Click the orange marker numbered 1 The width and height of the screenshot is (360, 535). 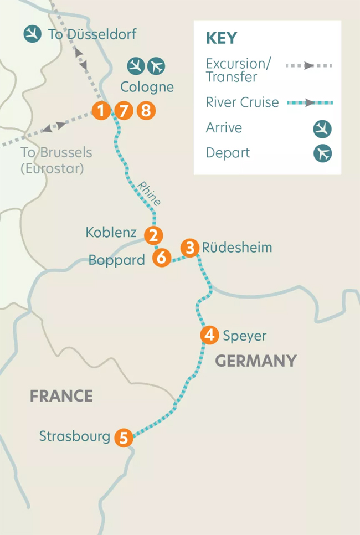point(101,111)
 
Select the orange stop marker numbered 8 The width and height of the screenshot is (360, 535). point(146,111)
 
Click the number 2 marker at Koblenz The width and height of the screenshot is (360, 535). point(153,235)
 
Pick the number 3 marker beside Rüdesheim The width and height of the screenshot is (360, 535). point(190,248)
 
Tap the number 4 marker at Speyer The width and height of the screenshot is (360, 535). point(209,335)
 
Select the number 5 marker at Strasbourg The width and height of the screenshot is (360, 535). point(124,438)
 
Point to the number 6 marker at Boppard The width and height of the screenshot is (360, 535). point(161,258)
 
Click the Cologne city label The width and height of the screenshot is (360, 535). point(147,87)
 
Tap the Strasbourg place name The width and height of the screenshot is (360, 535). point(75,436)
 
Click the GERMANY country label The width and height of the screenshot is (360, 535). point(256,361)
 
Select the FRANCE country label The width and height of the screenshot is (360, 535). point(61,396)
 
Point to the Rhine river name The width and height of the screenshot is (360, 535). point(150,193)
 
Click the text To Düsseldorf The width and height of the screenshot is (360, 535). point(92,34)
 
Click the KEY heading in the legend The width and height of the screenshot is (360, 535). point(221,38)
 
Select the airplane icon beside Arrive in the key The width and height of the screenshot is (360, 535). point(322,130)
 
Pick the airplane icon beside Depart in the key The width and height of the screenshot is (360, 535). point(322,153)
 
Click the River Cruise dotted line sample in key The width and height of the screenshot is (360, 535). point(310,102)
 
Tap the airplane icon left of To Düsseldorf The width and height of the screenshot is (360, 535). point(33,34)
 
